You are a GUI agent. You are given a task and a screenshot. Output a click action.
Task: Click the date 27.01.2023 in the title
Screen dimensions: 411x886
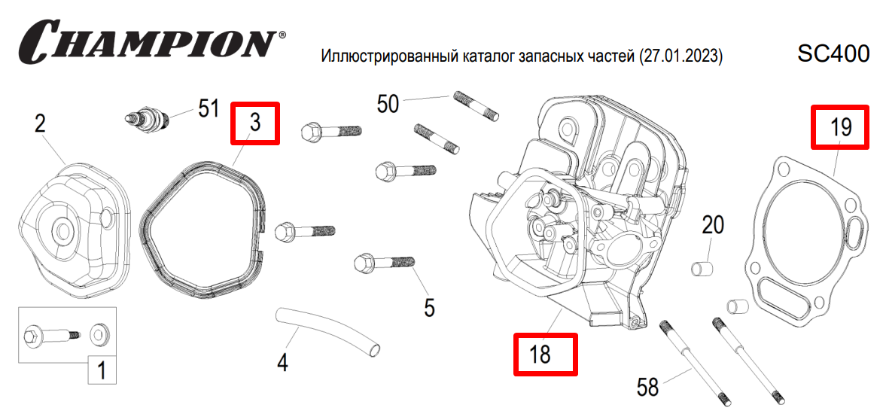680,56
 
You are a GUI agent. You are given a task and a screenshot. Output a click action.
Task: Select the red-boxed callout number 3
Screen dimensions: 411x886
255,123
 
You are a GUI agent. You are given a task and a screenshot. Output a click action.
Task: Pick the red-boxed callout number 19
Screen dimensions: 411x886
840,127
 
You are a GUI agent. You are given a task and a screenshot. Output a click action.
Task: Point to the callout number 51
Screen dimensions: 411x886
208,108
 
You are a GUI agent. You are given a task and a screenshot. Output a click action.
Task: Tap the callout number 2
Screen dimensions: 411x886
41,123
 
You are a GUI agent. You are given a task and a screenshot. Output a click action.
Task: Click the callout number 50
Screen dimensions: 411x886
388,103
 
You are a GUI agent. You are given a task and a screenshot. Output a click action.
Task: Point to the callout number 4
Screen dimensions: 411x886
282,363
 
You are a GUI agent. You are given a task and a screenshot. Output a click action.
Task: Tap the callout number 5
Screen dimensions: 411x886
429,307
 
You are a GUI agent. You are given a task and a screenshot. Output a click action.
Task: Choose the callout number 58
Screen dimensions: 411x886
647,387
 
